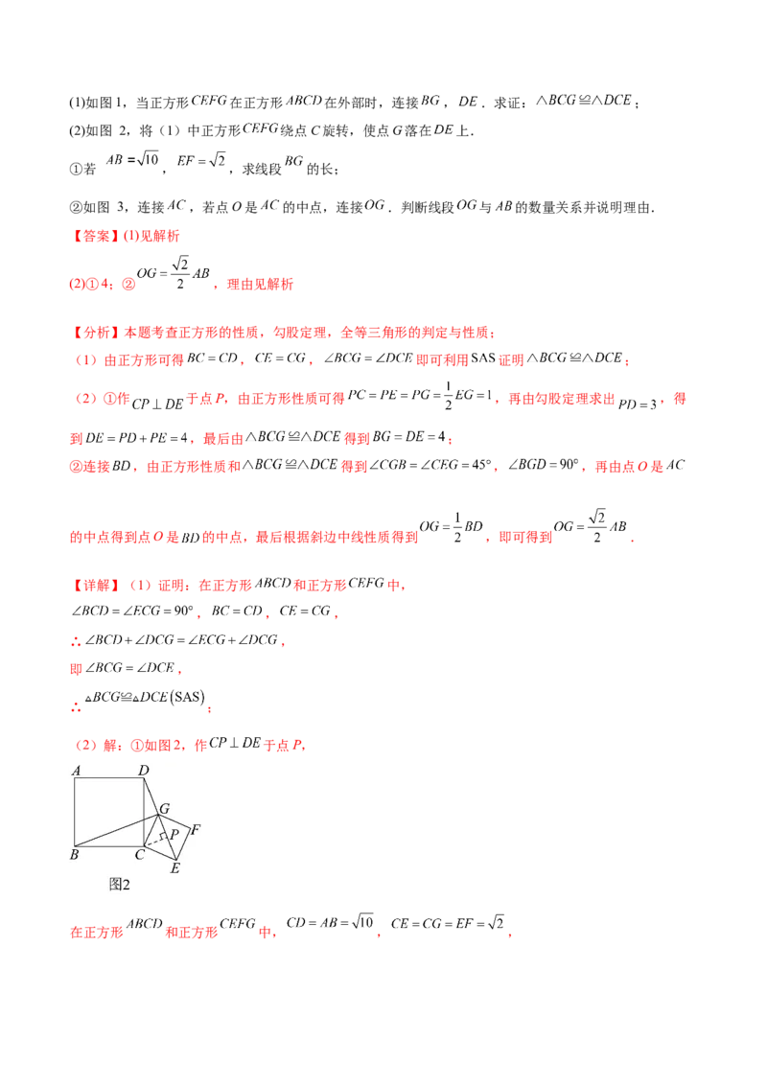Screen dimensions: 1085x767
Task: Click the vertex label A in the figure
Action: (75, 770)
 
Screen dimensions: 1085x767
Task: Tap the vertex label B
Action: (74, 854)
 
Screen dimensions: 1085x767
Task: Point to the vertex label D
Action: (143, 770)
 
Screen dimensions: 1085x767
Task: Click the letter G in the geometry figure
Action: (164, 809)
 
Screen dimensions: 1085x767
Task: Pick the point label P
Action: (174, 834)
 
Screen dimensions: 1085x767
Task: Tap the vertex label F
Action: (196, 829)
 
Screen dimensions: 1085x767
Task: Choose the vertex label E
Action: (174, 868)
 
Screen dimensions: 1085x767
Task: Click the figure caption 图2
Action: (119, 884)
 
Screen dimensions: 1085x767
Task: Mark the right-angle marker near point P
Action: (164, 836)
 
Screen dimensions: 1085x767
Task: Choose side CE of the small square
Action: (156, 853)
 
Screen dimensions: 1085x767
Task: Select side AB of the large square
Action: (75, 812)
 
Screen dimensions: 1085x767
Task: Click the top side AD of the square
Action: (109, 778)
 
